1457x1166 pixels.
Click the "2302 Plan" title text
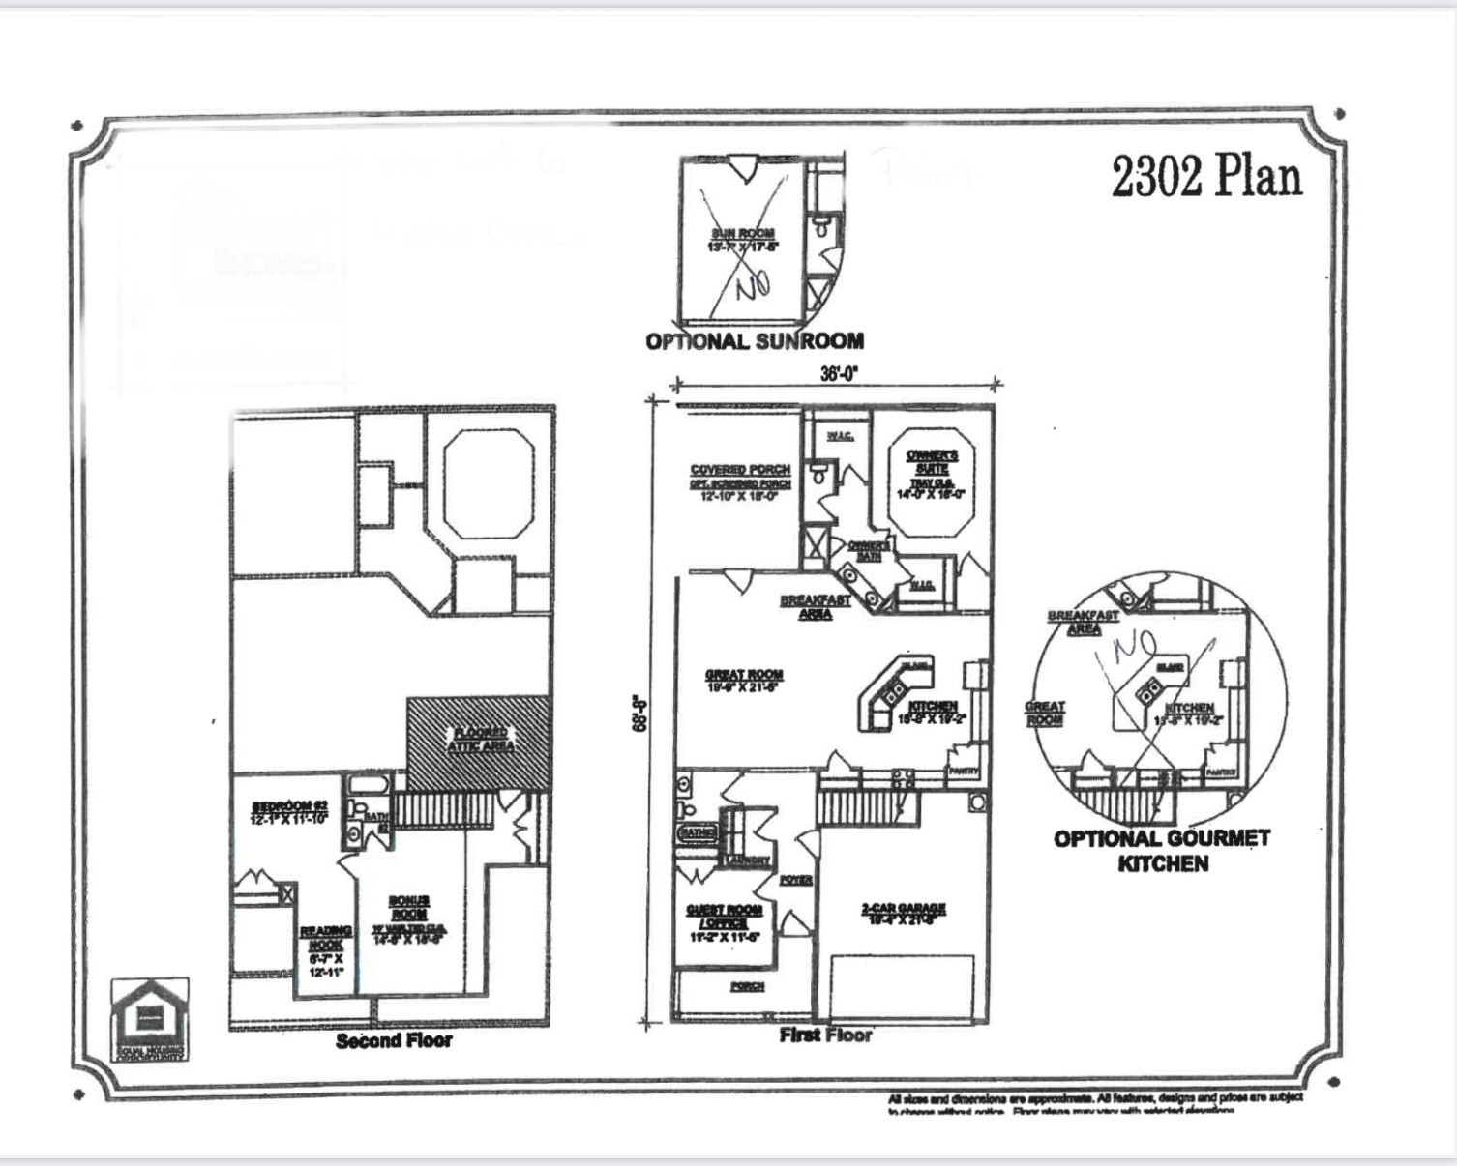[x=1206, y=177]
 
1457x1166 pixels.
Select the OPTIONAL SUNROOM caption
[x=755, y=341]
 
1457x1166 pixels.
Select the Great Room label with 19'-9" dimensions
[x=744, y=681]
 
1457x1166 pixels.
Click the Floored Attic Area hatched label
[x=481, y=740]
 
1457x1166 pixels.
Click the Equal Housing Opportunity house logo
[x=150, y=1015]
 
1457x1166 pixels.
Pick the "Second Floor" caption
[x=394, y=1041]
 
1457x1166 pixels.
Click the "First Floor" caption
[x=825, y=1035]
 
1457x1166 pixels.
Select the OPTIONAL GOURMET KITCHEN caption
[x=1162, y=851]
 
